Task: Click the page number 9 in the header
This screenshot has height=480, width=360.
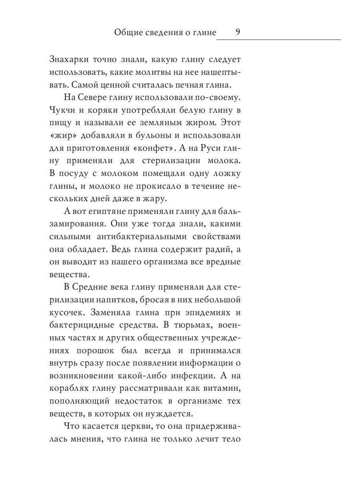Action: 238,32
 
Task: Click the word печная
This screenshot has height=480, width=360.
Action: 182,85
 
